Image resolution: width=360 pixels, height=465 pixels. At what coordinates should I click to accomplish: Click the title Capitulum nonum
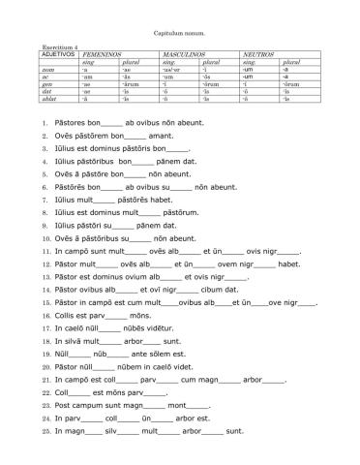coord(179,32)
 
